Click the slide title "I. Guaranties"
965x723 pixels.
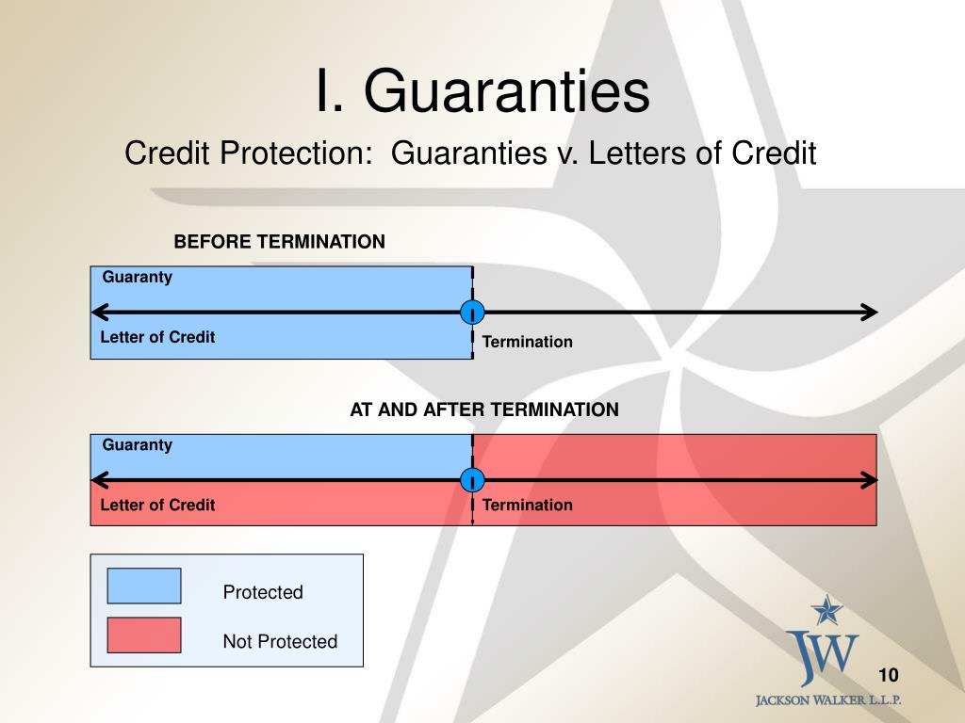[x=482, y=91]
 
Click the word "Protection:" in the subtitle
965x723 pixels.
[x=297, y=153]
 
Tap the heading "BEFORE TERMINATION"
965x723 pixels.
[x=279, y=242]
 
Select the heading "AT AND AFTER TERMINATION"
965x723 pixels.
[x=484, y=410]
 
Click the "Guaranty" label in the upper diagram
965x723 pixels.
[x=138, y=278]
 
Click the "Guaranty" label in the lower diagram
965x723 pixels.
[x=138, y=445]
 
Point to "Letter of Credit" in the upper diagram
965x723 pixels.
[x=157, y=337]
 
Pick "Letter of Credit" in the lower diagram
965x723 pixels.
[x=157, y=505]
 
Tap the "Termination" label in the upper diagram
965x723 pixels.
[x=528, y=342]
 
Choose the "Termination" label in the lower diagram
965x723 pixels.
[x=528, y=505]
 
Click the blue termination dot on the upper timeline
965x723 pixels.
[x=472, y=313]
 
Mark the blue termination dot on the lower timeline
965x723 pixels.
[x=472, y=480]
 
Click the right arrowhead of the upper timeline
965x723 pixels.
[x=870, y=313]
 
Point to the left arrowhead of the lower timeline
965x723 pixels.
[x=100, y=480]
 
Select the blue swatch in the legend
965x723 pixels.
[x=144, y=586]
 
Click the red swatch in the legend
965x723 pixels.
[x=144, y=635]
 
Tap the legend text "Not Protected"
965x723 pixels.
[x=280, y=641]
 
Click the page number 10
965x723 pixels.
[x=888, y=675]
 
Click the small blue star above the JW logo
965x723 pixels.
[x=826, y=610]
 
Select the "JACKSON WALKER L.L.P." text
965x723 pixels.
[x=828, y=700]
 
